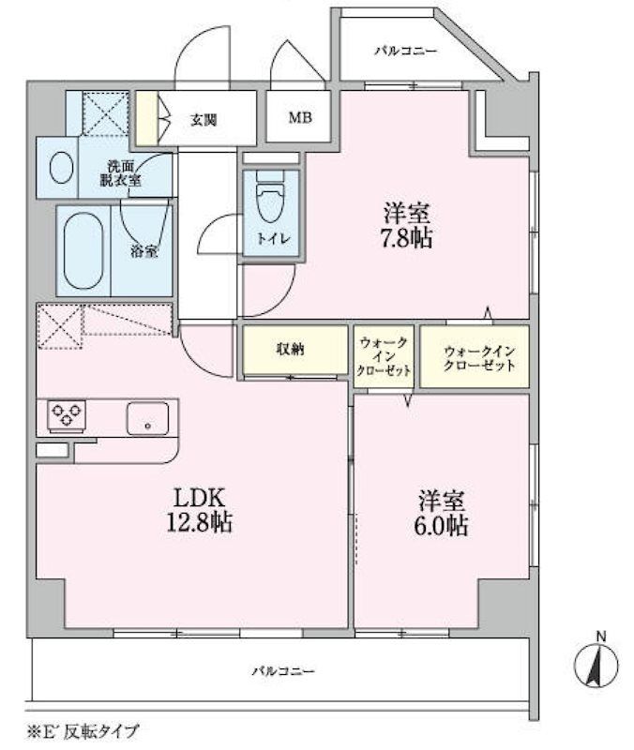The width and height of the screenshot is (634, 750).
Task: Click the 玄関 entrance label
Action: tap(204, 119)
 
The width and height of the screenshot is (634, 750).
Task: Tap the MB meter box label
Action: tap(299, 118)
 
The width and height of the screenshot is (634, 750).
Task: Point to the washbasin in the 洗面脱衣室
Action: tap(61, 169)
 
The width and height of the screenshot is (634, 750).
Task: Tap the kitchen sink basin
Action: tap(147, 417)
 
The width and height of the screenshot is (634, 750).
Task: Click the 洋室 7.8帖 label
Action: tap(405, 225)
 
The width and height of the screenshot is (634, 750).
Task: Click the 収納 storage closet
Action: tap(289, 350)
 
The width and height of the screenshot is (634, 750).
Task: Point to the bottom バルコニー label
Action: tap(282, 671)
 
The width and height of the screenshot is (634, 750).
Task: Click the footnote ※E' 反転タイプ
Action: tap(83, 730)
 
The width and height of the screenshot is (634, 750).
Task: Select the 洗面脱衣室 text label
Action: tap(121, 172)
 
